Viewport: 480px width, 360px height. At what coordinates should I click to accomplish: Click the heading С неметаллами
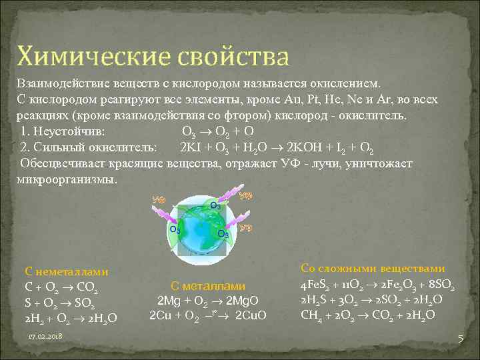[x=67, y=272]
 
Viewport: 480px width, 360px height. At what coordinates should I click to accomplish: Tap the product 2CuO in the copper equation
[x=251, y=315]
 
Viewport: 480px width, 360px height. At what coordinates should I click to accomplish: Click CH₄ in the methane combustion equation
[x=311, y=314]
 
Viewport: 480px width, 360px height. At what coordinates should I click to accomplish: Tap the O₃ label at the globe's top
[x=216, y=205]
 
